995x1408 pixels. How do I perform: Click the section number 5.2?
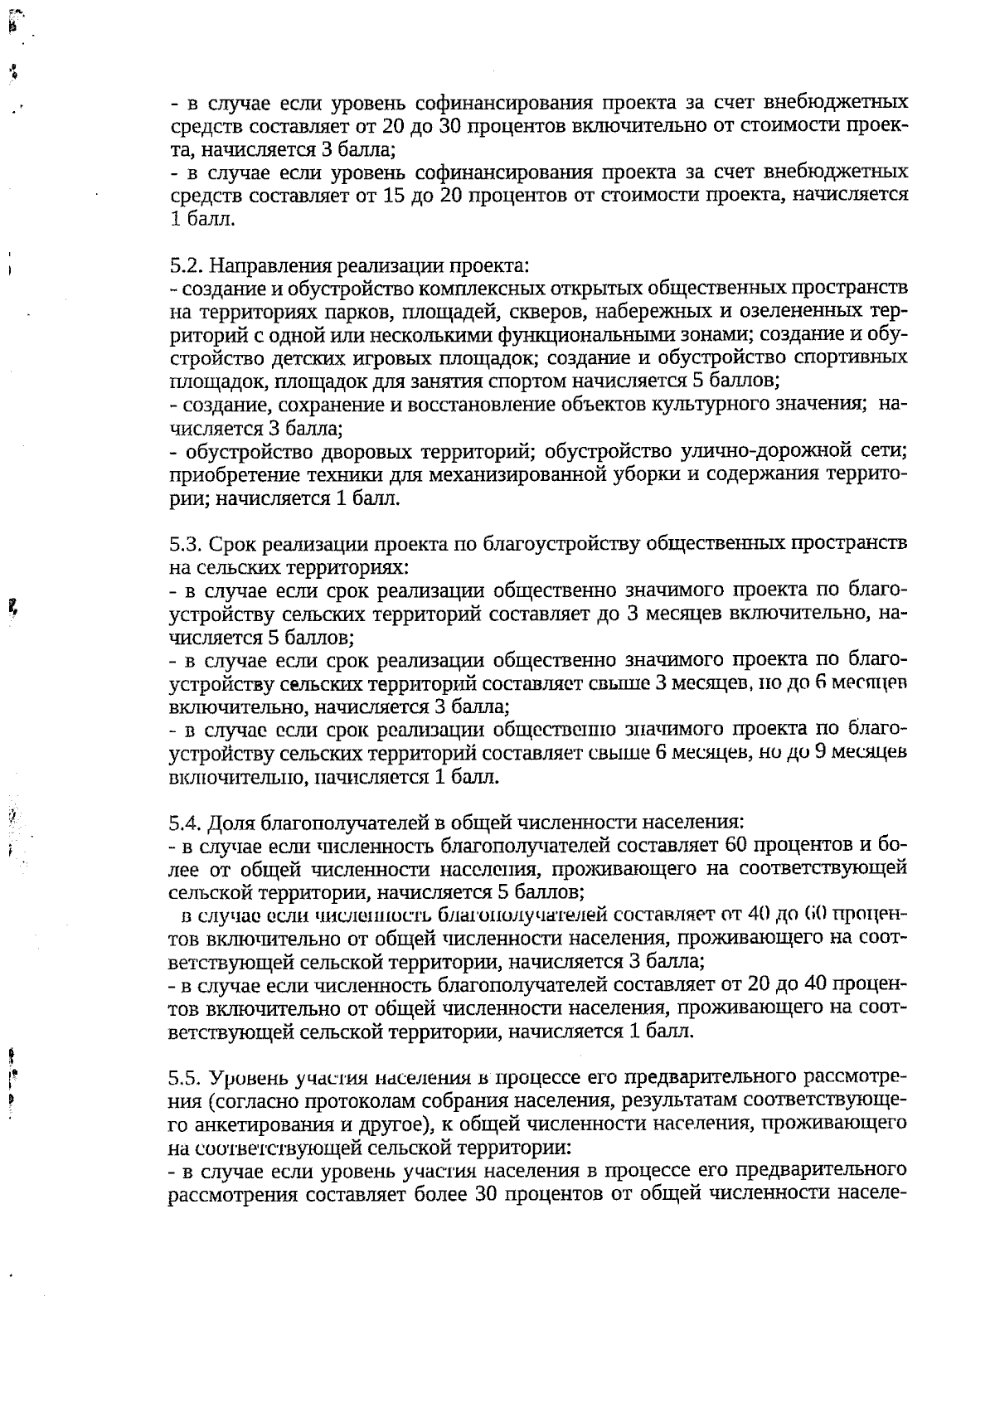tap(186, 266)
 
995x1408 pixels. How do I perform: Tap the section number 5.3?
tap(186, 545)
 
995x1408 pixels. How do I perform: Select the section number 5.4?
tap(186, 823)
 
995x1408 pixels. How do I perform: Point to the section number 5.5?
tap(186, 1079)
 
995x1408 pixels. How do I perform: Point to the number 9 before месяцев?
tap(813, 753)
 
